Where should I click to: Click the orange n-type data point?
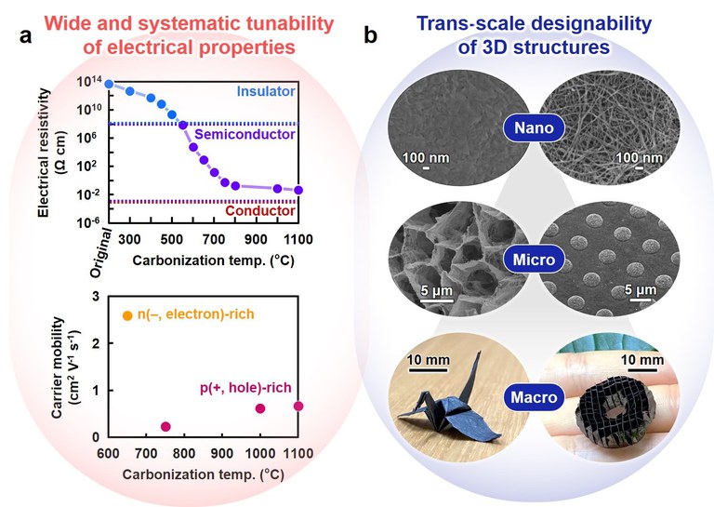point(127,316)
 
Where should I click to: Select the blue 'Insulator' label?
point(266,91)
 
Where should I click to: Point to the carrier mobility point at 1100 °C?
point(298,406)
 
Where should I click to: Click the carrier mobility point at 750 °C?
point(165,426)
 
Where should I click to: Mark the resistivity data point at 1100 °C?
point(298,190)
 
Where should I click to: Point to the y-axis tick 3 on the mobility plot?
point(95,295)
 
